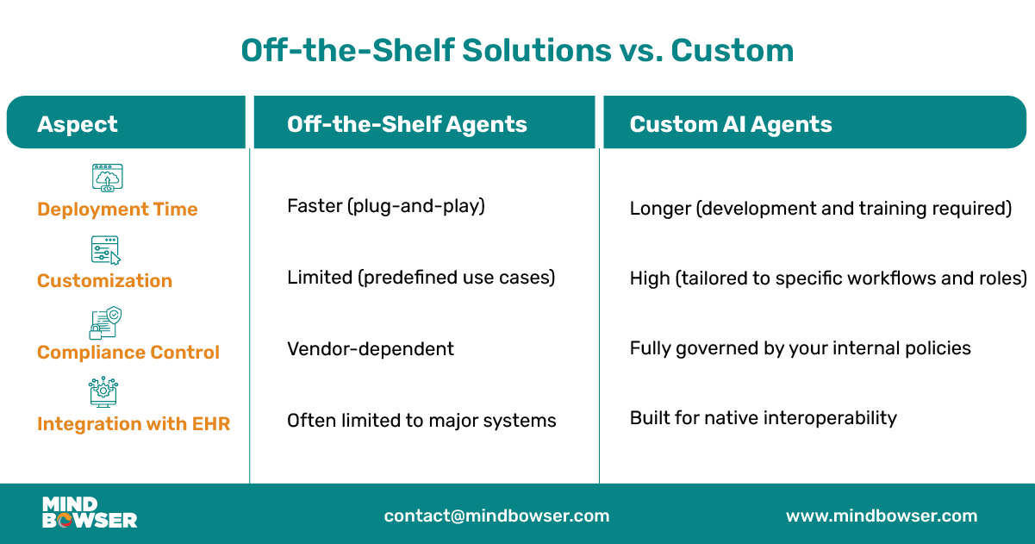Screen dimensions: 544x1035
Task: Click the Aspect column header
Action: coord(78,124)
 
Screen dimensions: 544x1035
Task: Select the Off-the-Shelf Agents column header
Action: coord(407,124)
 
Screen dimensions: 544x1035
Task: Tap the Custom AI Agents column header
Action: coord(731,124)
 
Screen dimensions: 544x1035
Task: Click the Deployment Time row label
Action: coord(117,209)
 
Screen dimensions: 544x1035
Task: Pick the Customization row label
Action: coord(104,281)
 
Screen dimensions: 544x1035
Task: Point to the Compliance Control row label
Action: coord(128,353)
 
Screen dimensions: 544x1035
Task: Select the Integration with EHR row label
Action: coord(134,424)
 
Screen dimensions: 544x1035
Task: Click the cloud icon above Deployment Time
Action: coord(108,177)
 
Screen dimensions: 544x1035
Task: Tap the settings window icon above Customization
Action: coord(105,249)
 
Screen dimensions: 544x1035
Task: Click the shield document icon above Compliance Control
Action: coord(105,322)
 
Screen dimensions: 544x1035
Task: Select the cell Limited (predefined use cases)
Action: coord(421,278)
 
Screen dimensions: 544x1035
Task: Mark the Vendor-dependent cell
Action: coord(371,349)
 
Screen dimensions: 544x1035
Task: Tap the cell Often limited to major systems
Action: coord(421,421)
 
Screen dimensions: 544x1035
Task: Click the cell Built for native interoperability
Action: coord(763,418)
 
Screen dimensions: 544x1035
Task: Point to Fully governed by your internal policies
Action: coord(800,348)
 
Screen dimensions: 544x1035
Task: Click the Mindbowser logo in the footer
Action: coord(90,513)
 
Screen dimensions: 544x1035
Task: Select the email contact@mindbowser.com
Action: coord(496,516)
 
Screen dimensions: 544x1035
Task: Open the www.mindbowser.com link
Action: coord(882,516)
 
